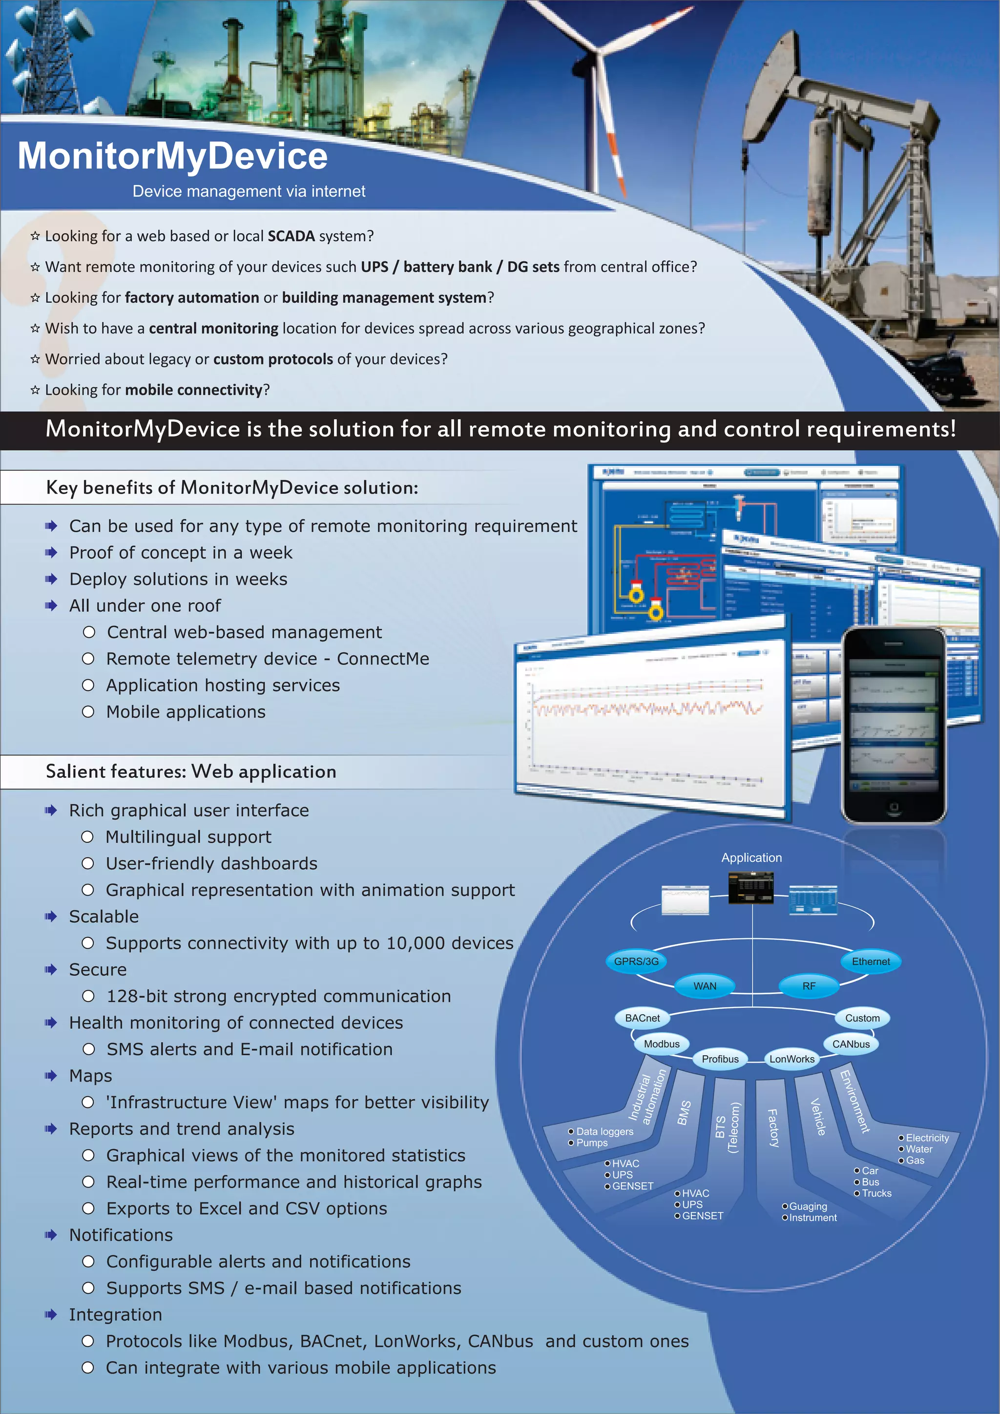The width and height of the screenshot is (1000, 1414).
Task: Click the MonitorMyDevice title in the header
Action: pos(172,156)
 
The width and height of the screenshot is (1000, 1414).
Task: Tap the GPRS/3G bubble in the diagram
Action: pos(636,961)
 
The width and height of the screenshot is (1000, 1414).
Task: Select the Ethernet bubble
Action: pos(871,961)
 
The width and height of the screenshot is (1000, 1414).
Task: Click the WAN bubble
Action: pos(705,986)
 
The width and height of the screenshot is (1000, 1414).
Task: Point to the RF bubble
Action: pos(809,986)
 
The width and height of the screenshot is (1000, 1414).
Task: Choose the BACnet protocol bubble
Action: pos(642,1018)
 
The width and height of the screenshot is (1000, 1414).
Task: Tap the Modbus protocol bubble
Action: pos(661,1044)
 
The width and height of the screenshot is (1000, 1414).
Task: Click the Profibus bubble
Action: pos(720,1059)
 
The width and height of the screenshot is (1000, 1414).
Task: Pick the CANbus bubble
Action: pos(851,1044)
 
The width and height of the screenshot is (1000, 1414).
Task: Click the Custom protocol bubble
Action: pos(862,1018)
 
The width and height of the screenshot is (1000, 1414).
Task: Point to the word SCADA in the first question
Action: pos(291,236)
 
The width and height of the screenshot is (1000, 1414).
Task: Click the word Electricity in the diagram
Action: pos(927,1138)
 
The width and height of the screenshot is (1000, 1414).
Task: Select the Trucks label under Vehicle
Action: pos(877,1193)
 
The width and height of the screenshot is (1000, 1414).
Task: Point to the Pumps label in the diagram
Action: pos(592,1143)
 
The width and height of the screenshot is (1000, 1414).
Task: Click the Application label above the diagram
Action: pos(751,857)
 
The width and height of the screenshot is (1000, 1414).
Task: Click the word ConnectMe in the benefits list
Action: pos(382,658)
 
